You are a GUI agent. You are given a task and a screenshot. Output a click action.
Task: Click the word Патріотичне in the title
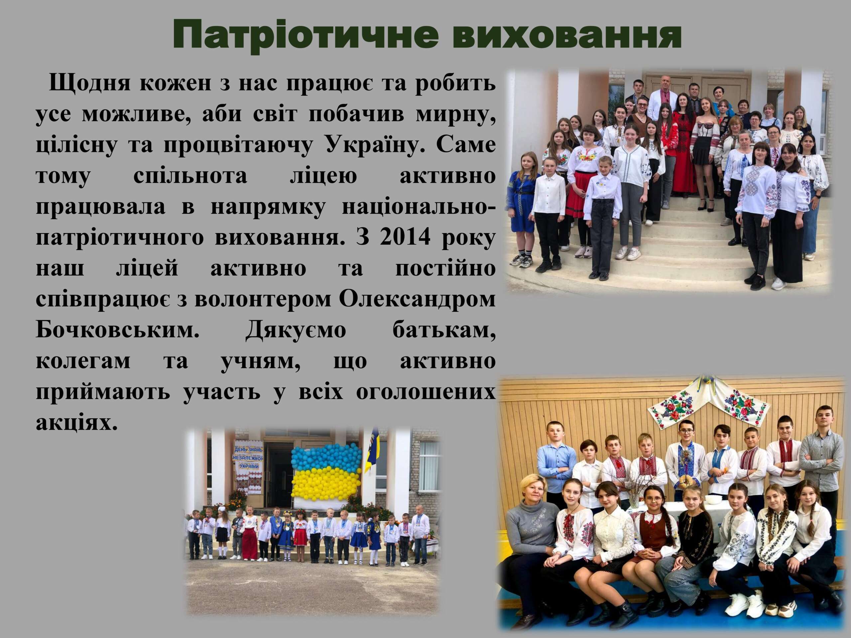[x=305, y=36]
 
